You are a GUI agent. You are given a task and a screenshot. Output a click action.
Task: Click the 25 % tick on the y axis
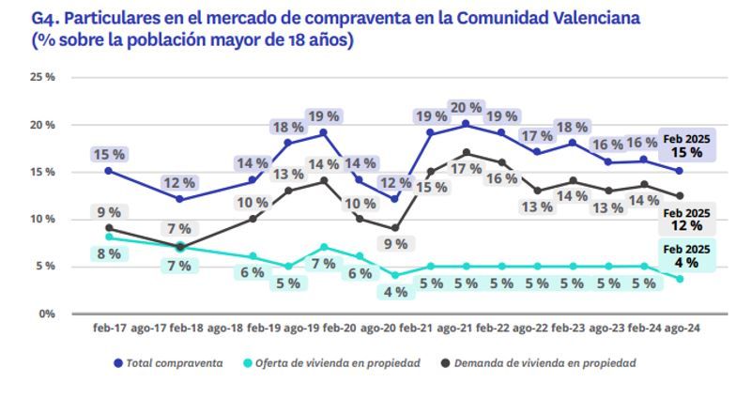pos(43,77)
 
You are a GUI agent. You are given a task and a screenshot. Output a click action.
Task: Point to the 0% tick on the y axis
pos(46,314)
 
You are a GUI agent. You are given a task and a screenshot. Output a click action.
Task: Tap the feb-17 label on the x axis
pos(109,329)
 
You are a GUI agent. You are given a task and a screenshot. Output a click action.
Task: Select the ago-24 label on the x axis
pos(680,329)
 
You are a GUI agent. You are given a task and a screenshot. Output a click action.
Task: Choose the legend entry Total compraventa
pos(168,363)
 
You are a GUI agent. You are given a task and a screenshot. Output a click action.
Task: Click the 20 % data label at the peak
pos(466,107)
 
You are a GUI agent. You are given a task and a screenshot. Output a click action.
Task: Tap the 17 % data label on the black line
pos(466,169)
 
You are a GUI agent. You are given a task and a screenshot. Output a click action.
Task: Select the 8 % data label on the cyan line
pos(109,253)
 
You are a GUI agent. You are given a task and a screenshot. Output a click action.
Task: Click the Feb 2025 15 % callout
pos(687,145)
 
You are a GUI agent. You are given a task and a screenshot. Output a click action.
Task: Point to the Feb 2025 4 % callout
pos(687,256)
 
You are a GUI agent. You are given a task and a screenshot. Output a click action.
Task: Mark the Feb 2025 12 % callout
pos(687,220)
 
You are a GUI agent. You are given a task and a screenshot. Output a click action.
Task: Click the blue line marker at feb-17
pos(109,171)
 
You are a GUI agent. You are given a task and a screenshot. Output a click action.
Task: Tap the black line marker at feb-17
pos(109,227)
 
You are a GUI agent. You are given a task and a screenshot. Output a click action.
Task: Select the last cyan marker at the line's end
pos(680,279)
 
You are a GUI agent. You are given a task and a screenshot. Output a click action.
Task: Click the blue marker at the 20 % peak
pos(466,124)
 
